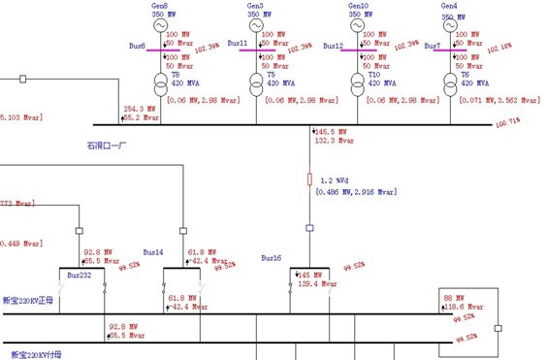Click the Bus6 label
[x=137, y=45]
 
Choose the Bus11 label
[x=237, y=45]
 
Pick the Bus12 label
[x=334, y=45]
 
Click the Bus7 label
[x=433, y=46]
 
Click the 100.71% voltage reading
[x=507, y=123]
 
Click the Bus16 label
[x=271, y=258]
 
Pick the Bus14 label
[x=154, y=251]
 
